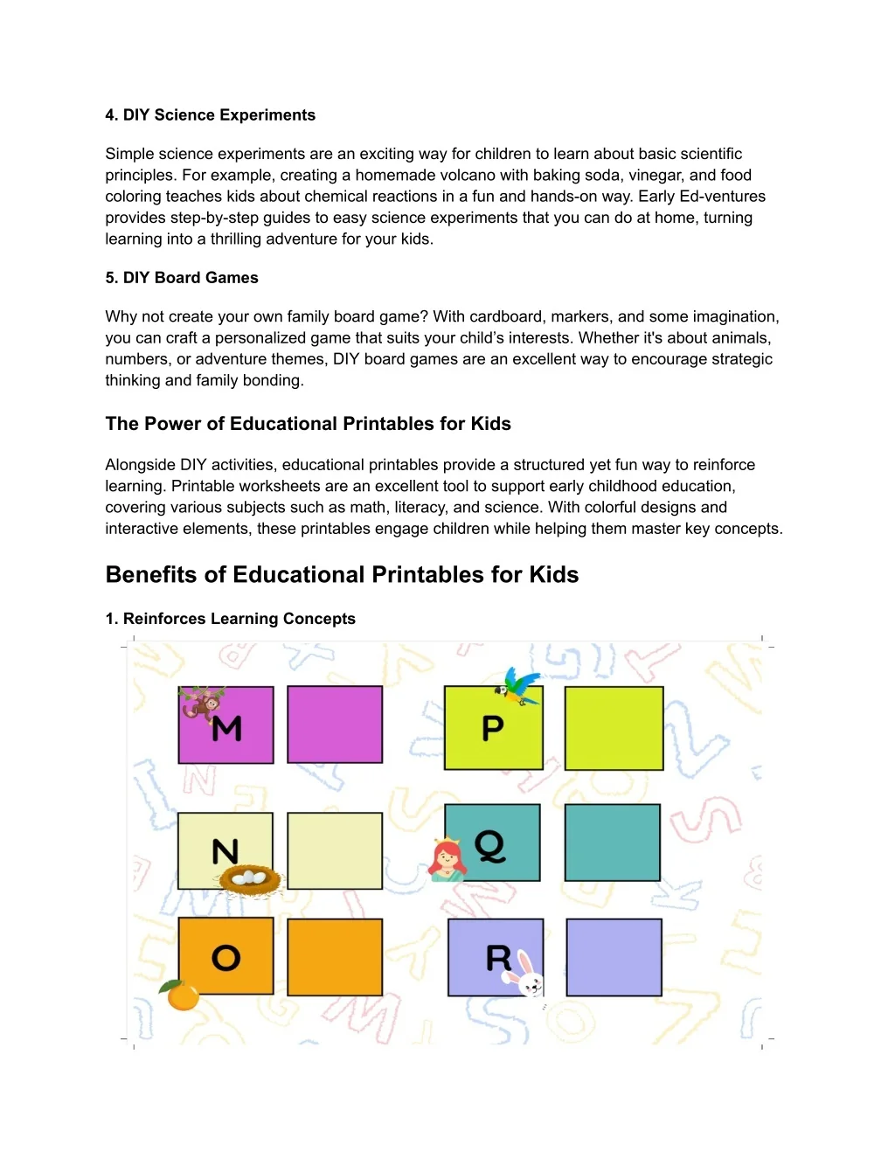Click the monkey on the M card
pos(202,703)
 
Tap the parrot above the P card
pos(519,686)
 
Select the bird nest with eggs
pos(250,879)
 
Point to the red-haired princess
pos(447,860)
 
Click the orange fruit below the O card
pos(182,995)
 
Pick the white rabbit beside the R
pos(529,975)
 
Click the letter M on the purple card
pos(227,728)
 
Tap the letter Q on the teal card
pos(490,845)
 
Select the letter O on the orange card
pos(225,958)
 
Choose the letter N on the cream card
pos(225,850)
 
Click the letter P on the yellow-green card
pos(493,728)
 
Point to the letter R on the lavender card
pos(498,958)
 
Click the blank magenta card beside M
pos(335,725)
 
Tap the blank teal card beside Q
pos(612,842)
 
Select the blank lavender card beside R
pos(614,957)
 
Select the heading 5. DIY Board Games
pos(182,278)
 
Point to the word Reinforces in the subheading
pos(164,619)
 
